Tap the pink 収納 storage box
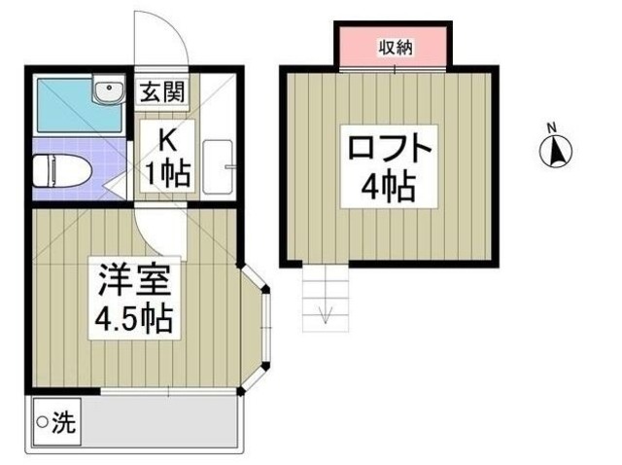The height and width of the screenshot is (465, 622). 394,47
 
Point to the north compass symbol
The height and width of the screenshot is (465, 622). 555,152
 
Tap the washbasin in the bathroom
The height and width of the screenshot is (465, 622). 106,90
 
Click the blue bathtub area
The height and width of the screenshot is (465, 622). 68,108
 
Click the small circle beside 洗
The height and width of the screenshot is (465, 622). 42,423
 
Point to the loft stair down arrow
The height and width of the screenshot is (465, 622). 326,312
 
